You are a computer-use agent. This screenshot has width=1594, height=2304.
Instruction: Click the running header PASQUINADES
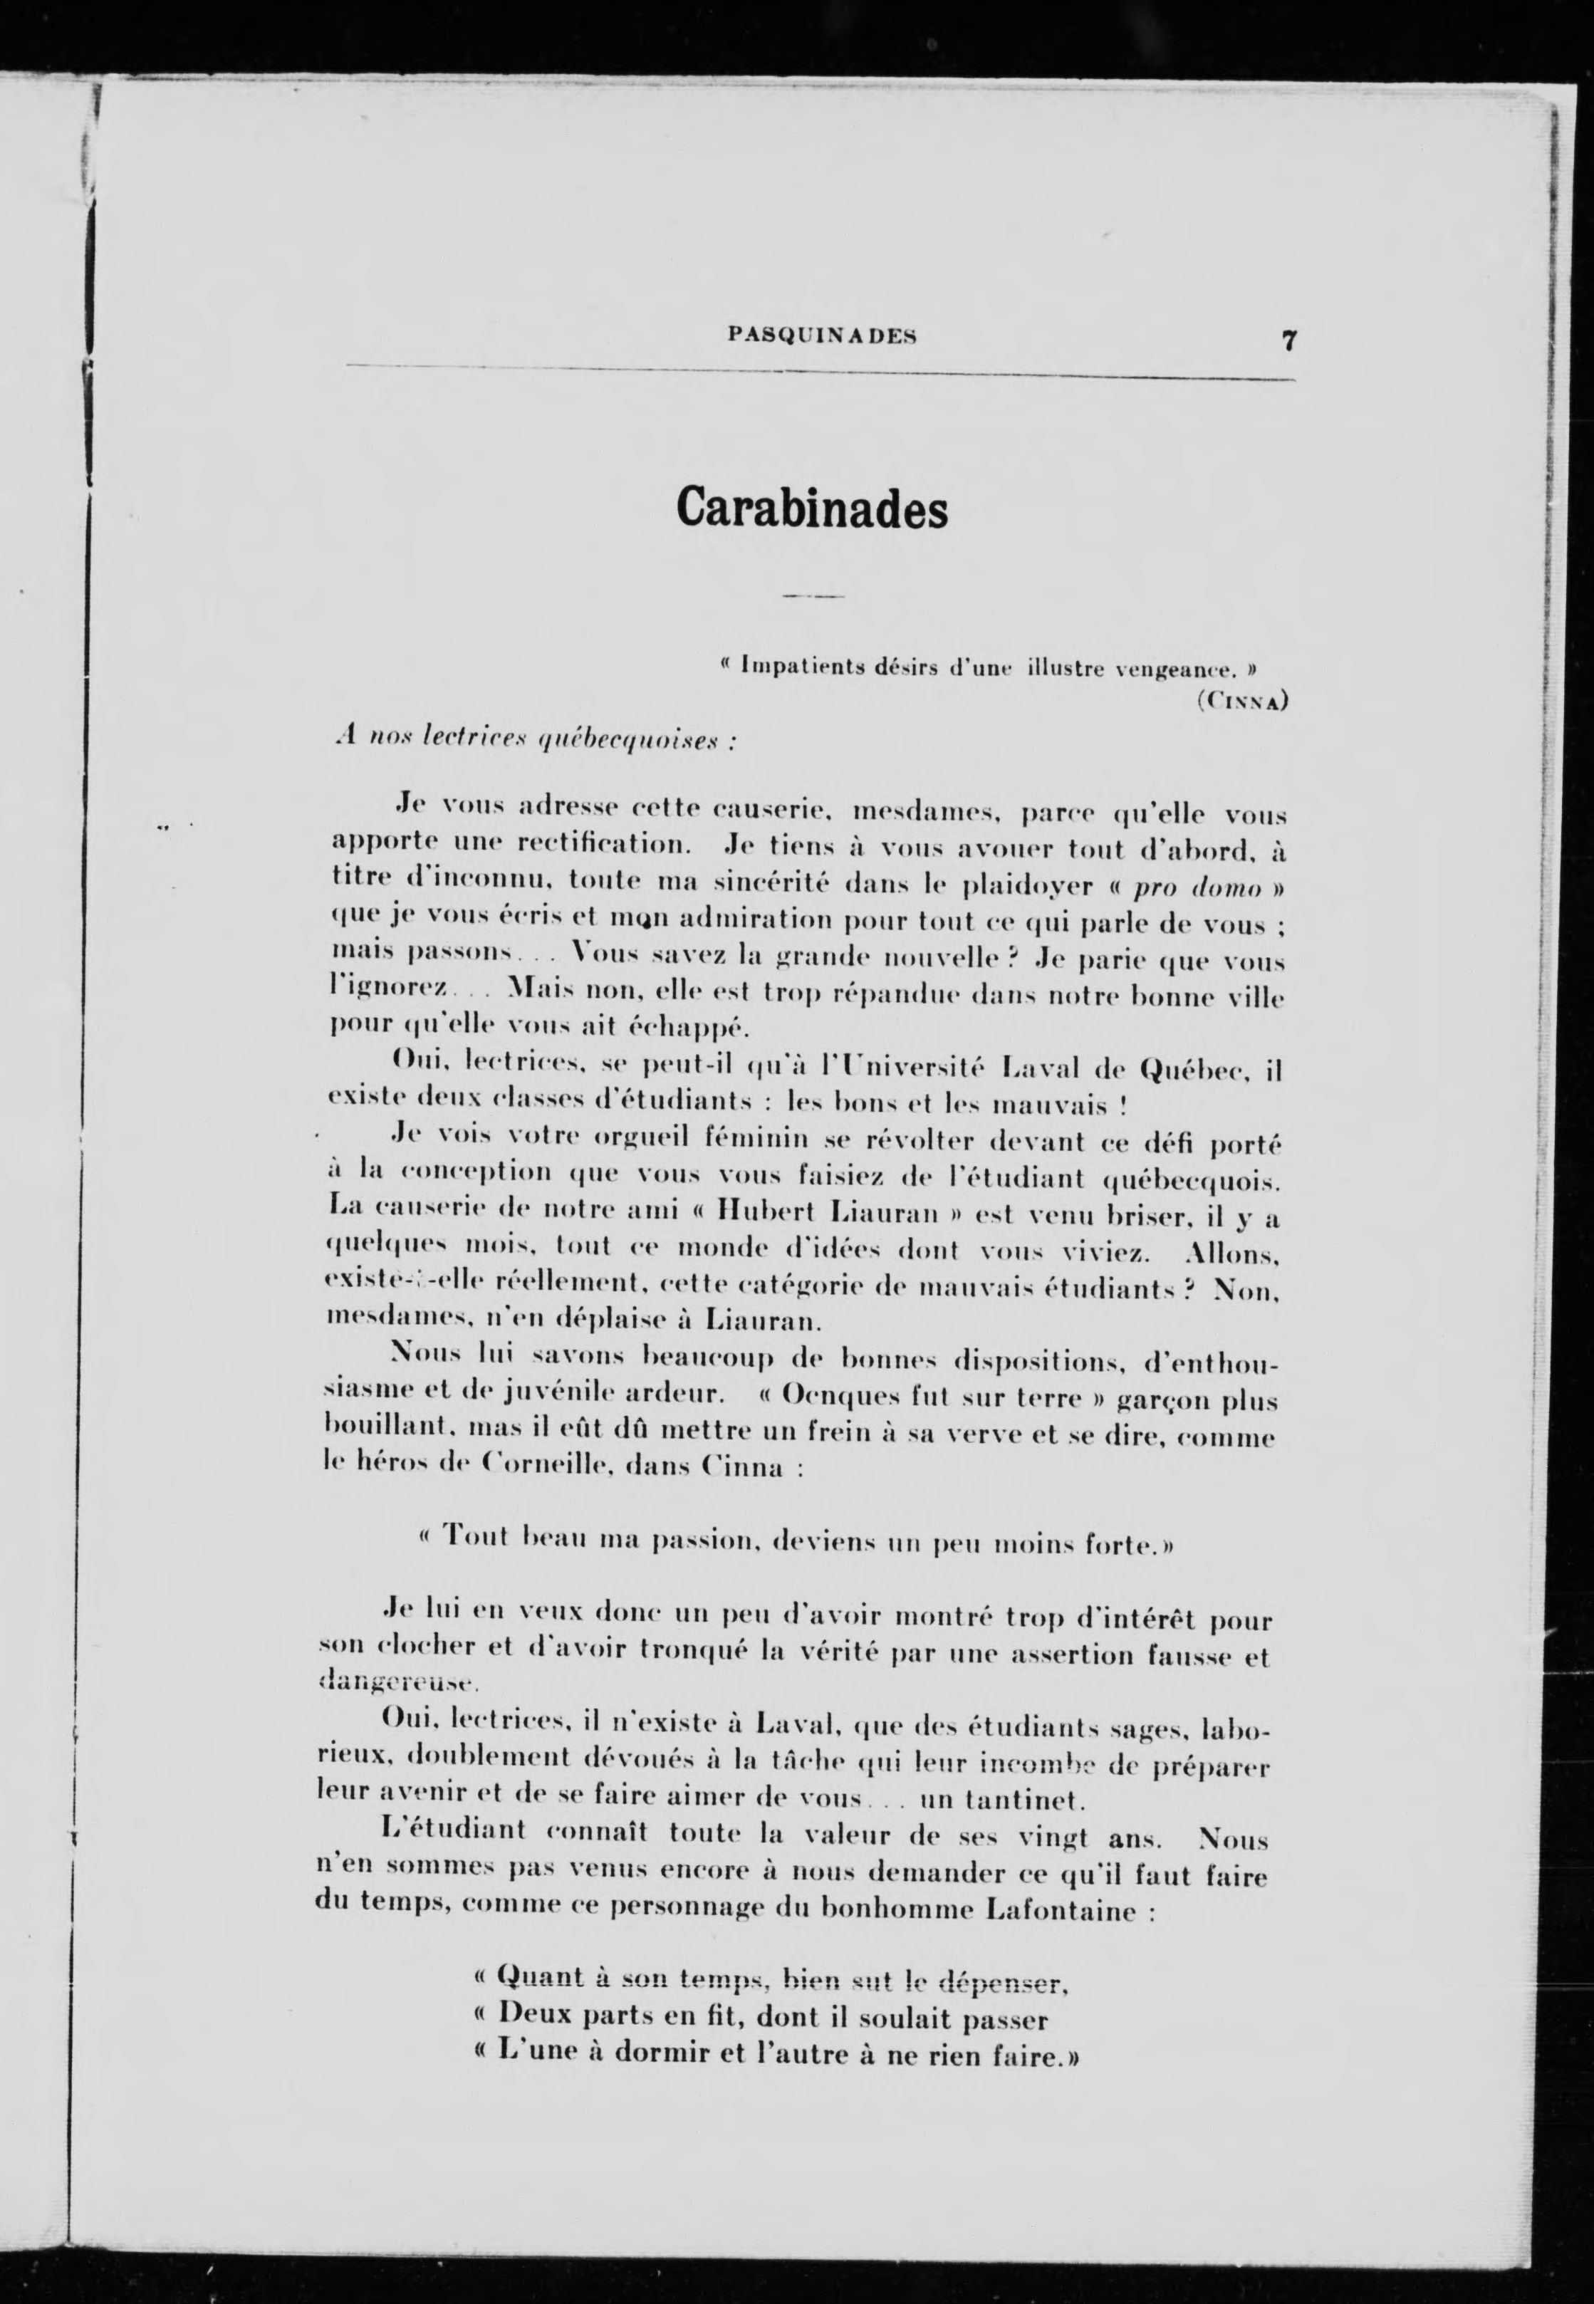click(823, 337)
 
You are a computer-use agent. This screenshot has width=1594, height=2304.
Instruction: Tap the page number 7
click(1288, 340)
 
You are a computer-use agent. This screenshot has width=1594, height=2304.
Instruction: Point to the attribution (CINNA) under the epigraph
click(1242, 700)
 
